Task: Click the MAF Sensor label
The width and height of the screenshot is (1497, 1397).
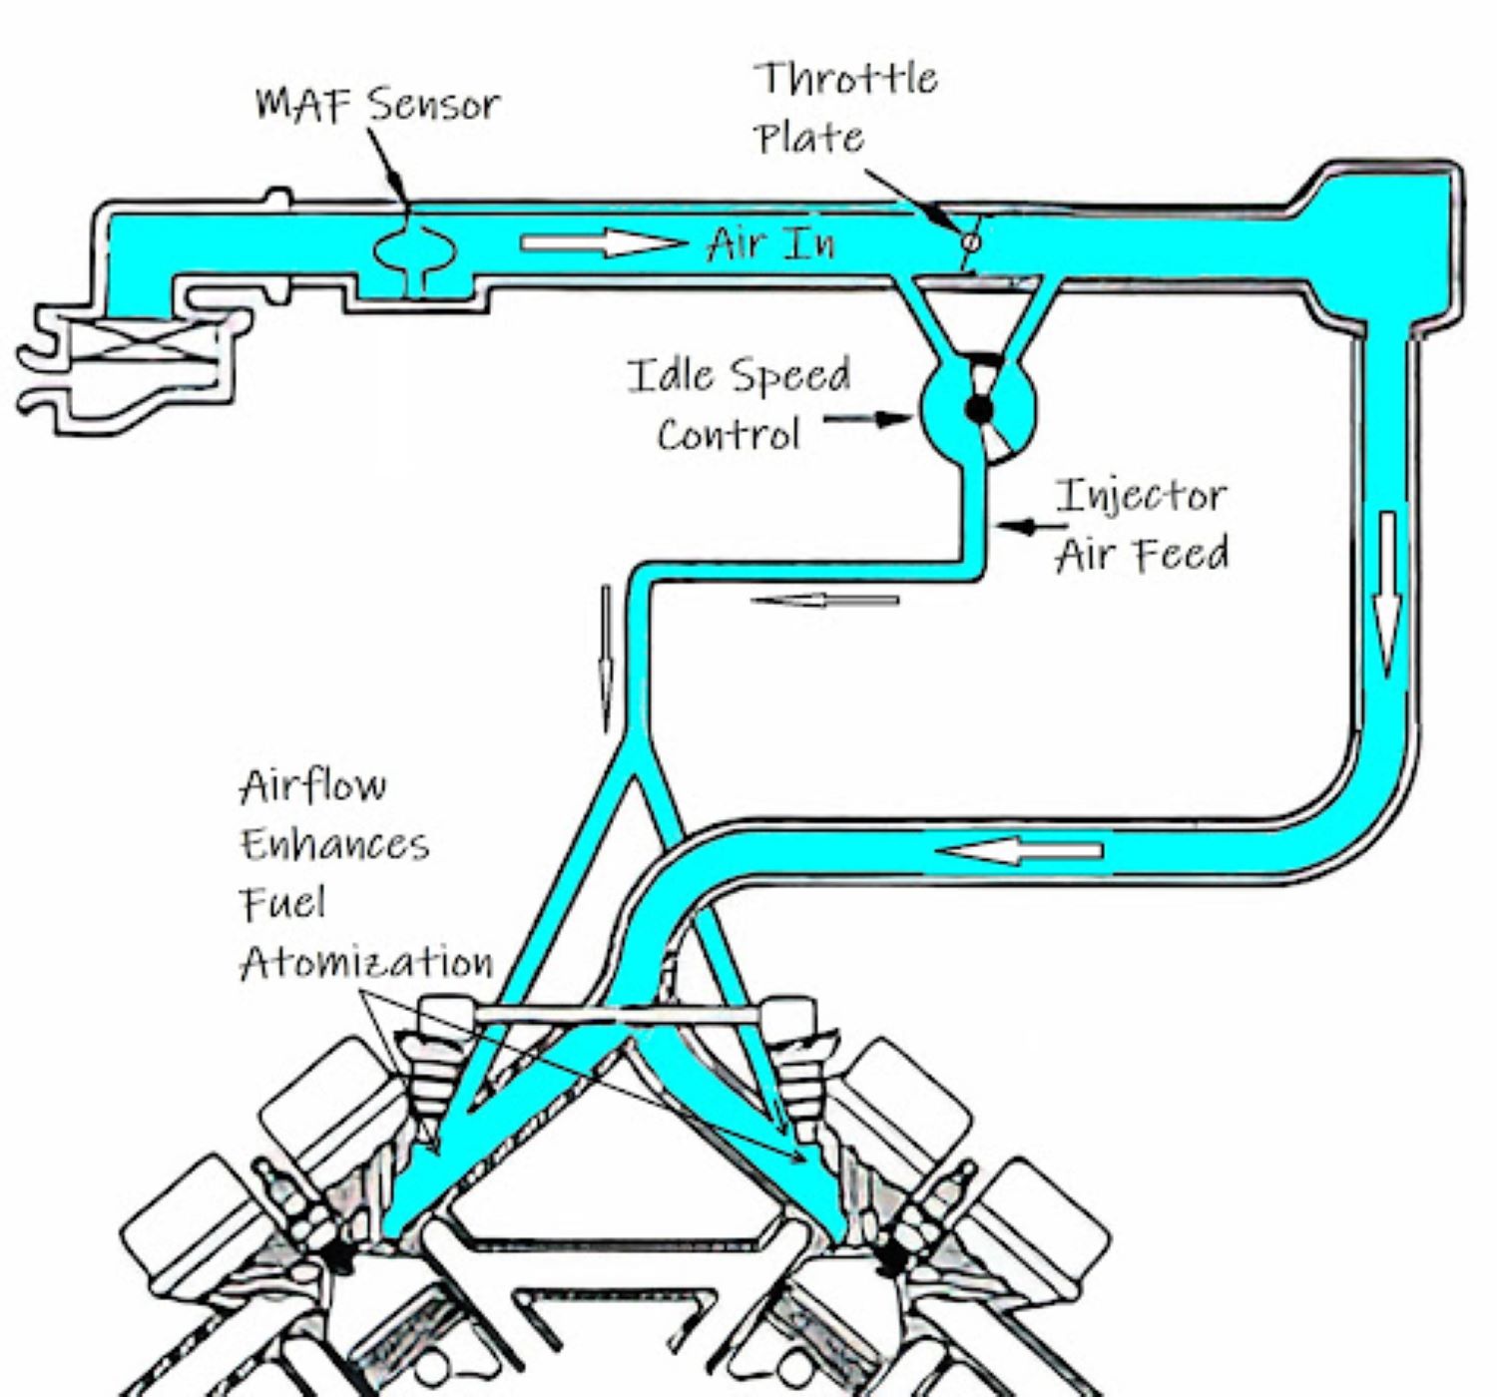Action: [x=377, y=104]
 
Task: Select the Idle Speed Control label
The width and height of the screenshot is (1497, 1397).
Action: [x=739, y=404]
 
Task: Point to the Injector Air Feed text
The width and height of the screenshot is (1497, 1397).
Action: [x=1141, y=525]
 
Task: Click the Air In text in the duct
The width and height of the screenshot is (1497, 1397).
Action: [x=770, y=243]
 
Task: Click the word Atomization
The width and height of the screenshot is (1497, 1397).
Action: [x=366, y=962]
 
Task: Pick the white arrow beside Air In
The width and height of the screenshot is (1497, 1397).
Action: [x=603, y=242]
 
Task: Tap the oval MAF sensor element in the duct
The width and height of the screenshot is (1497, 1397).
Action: [x=415, y=249]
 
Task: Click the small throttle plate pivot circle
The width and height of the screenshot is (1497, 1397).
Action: [x=970, y=241]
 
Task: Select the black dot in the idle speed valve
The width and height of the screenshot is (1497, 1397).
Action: [x=979, y=408]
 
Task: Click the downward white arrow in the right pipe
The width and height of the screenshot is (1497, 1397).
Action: [x=1388, y=594]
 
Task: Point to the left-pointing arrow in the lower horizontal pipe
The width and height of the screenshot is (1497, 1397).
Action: [x=1020, y=850]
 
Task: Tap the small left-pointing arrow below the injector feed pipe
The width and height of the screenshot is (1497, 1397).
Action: [x=824, y=600]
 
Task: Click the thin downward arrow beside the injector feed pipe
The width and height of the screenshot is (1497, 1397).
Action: [x=605, y=659]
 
